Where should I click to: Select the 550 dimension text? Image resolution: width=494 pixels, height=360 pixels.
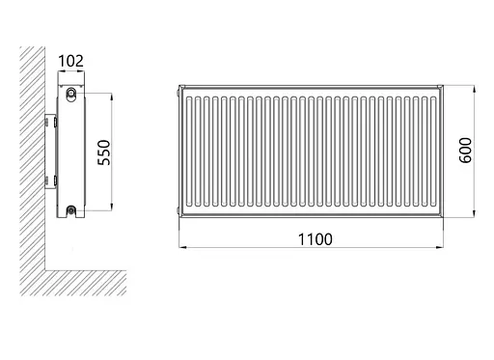[106, 152]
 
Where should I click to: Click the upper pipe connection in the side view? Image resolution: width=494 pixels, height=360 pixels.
[71, 94]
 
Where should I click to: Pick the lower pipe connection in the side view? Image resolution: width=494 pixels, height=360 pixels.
[71, 208]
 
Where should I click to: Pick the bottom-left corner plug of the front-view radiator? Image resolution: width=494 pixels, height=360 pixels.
[178, 209]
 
